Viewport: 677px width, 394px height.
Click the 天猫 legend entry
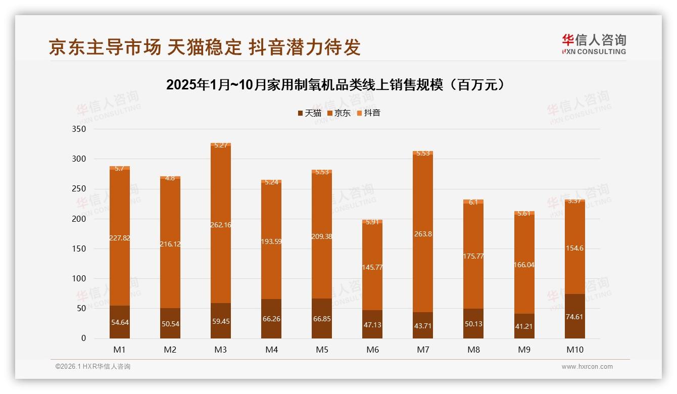[x=309, y=113]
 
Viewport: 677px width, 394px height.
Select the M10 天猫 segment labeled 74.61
[x=574, y=316]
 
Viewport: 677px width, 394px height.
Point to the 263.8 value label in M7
[x=423, y=234]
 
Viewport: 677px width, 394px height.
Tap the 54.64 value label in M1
[x=120, y=322]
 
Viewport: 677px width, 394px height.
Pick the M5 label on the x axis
[x=322, y=350]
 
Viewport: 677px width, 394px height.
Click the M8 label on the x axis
[x=473, y=350]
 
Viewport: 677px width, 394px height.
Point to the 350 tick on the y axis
[x=80, y=129]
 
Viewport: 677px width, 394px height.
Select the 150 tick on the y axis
[x=80, y=249]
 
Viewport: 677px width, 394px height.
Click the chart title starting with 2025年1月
[x=336, y=85]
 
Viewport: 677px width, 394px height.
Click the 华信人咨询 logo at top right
[x=594, y=44]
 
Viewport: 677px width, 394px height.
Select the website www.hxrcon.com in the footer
[x=587, y=367]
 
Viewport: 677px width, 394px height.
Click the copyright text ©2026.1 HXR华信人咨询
[x=92, y=367]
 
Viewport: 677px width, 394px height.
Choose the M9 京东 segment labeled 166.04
[x=524, y=264]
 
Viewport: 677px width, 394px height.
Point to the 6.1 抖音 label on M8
[x=473, y=202]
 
